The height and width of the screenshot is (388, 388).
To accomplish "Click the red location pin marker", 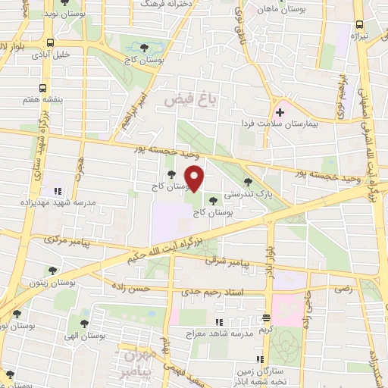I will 196,178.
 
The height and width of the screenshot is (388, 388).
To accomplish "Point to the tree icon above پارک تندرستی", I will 248,181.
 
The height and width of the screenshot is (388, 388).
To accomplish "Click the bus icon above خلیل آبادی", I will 49,42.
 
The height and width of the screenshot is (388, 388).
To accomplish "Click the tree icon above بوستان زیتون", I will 52,270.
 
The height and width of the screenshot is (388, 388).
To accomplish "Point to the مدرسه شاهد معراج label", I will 222,331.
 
